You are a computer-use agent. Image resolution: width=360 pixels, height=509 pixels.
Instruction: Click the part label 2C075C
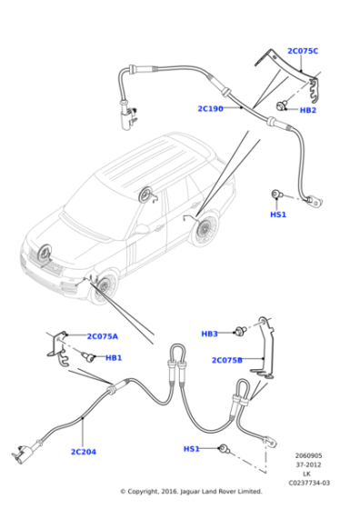click(x=303, y=51)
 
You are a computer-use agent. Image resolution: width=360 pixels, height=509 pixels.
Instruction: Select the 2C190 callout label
click(x=210, y=109)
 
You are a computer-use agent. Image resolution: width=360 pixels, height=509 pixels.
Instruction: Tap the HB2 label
click(x=308, y=110)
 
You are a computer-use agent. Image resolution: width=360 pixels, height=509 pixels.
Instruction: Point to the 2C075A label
click(x=102, y=336)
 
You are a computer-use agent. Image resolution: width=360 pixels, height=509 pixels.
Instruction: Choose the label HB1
click(x=114, y=358)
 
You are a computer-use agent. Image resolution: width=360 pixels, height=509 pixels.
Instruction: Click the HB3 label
click(x=209, y=334)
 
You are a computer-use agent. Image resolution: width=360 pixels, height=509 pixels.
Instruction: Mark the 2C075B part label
click(x=227, y=360)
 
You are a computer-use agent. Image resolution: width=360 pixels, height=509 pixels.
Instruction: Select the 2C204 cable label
click(x=84, y=452)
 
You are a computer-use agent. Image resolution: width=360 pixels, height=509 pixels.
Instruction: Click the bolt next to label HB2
click(x=286, y=105)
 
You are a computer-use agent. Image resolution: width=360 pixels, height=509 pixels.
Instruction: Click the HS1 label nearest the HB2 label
click(x=278, y=215)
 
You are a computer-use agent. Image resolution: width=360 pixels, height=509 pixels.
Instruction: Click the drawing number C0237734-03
click(x=308, y=483)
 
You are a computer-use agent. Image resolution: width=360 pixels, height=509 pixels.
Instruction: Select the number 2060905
click(x=308, y=455)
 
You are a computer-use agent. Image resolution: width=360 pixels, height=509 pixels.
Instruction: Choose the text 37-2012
click(x=308, y=464)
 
